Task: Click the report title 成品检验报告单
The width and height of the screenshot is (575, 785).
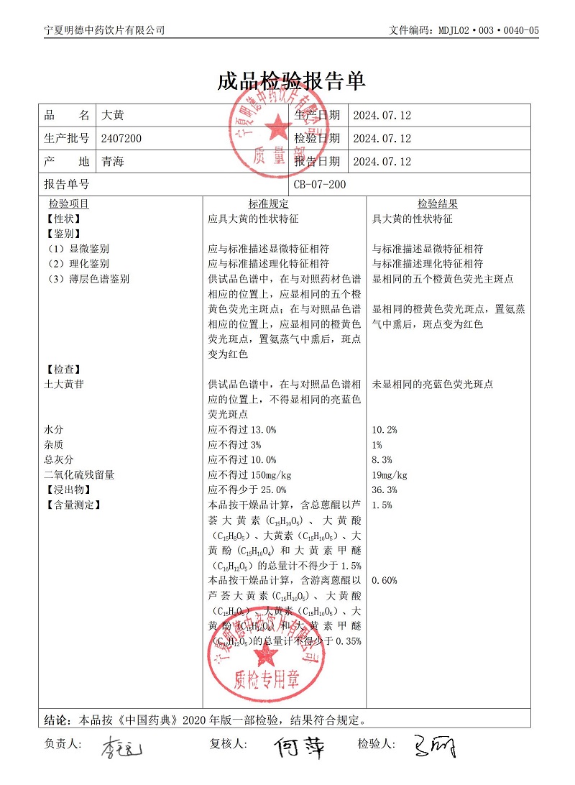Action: coord(291,81)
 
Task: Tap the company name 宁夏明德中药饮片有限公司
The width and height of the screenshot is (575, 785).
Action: coord(104,30)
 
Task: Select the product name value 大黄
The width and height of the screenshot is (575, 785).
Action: coord(114,115)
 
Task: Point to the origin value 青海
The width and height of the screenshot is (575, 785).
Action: coord(114,161)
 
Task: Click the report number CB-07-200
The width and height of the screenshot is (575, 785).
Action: coord(320,185)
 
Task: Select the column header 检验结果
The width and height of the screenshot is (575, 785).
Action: coord(438,204)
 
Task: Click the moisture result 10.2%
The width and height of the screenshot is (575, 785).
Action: coord(384,430)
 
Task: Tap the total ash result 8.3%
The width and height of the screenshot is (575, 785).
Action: coord(382,460)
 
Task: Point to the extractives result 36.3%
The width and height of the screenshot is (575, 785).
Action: coord(384,490)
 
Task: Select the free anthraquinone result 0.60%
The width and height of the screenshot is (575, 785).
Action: coord(385,580)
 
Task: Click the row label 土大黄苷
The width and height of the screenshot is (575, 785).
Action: coord(64,385)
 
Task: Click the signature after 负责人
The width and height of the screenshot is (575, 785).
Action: coord(121,748)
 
